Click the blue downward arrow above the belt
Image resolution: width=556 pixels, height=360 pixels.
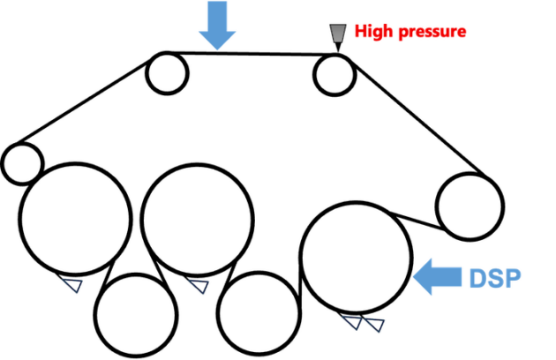tap(217, 25)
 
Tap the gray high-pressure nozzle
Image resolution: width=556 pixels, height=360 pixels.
tap(337, 35)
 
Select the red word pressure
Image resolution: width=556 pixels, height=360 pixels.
tap(432, 32)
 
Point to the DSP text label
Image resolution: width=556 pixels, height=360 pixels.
tap(495, 279)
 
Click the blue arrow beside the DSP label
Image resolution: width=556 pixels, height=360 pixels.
tap(437, 277)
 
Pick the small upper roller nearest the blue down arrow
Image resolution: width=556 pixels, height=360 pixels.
tap(167, 73)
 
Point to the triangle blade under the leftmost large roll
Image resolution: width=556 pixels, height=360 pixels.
tap(72, 284)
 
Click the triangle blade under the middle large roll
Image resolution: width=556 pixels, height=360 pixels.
tap(199, 285)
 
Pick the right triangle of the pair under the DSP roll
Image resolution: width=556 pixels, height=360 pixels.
tap(375, 324)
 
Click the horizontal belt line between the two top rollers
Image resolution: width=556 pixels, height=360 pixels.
tap(252, 54)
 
